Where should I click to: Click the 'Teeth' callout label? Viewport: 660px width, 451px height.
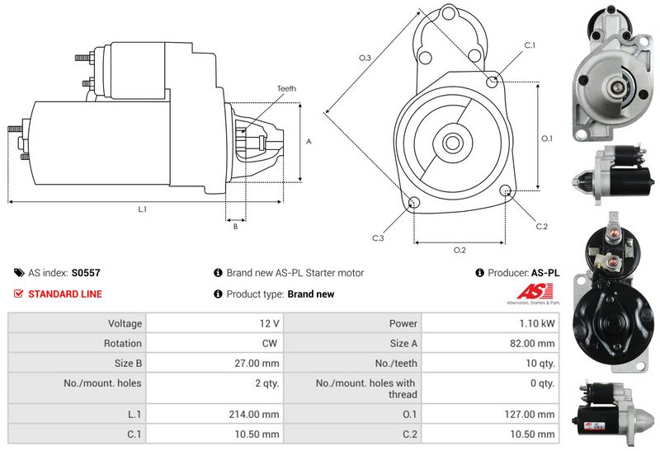(x=286, y=88)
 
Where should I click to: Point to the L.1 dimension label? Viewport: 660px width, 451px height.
(x=142, y=209)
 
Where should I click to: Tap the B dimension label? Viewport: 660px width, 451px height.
(x=235, y=227)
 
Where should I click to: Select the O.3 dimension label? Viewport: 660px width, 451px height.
(x=365, y=58)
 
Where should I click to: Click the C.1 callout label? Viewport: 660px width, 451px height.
(x=530, y=45)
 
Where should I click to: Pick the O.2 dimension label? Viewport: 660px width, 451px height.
(x=460, y=250)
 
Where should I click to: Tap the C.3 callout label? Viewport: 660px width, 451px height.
(x=378, y=237)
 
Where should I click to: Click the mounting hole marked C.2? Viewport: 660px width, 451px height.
(x=507, y=190)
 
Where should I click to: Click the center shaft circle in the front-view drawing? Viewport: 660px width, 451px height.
(x=452, y=143)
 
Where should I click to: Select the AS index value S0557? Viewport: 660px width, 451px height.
(x=86, y=273)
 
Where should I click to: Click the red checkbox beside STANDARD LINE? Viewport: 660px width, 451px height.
(x=18, y=294)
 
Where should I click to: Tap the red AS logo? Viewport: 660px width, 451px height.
(x=535, y=292)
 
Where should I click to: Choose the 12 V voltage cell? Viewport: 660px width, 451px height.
(x=269, y=323)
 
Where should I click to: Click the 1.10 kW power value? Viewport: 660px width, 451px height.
(x=537, y=323)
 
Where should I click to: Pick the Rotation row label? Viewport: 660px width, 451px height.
(x=122, y=343)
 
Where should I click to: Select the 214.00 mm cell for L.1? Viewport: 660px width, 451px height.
(x=254, y=414)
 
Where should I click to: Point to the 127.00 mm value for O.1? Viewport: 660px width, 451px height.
(x=530, y=414)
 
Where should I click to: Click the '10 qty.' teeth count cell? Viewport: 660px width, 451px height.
(x=540, y=363)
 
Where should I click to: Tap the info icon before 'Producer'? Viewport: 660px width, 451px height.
(x=479, y=273)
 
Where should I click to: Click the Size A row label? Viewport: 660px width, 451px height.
(x=403, y=343)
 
